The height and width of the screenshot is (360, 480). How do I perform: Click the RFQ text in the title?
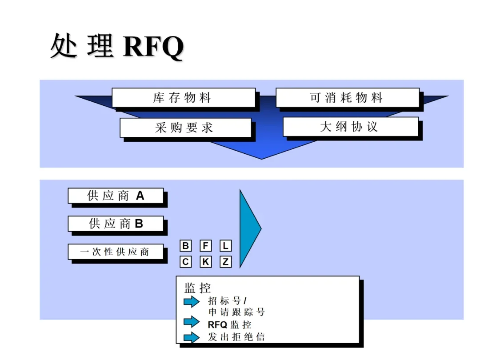pos(153,46)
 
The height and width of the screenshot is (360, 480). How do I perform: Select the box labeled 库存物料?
pos(183,98)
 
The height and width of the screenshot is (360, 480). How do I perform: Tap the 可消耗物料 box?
pos(347,98)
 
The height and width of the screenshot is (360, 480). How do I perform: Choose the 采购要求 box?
pos(185,128)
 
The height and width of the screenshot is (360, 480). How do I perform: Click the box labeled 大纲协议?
pos(350,127)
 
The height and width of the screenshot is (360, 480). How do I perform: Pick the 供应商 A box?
pos(116,196)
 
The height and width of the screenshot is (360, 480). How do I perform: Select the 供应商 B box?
pos(116,224)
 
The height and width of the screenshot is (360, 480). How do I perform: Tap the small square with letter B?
pos(186,246)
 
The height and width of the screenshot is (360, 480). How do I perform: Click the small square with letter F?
pos(205,246)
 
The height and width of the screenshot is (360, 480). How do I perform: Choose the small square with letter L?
pos(225,246)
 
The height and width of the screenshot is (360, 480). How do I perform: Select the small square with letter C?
pos(186,262)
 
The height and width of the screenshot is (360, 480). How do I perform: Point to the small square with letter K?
pos(205,262)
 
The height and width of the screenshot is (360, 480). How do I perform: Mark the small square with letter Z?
pos(225,262)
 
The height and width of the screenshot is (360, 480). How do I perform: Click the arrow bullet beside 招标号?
pos(192,302)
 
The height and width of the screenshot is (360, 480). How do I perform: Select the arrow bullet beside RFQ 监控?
pos(192,321)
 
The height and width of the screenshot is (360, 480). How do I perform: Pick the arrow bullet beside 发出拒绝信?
pos(192,337)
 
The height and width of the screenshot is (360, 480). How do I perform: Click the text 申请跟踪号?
pos(236,312)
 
